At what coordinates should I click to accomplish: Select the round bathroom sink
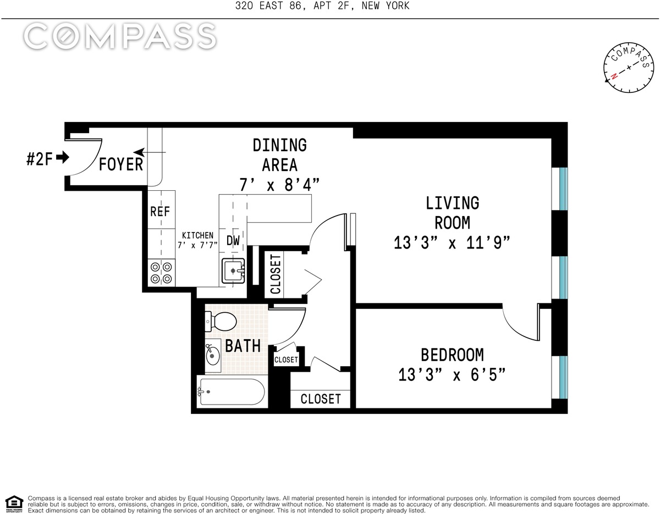213,355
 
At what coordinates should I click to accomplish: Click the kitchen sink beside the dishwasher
233,270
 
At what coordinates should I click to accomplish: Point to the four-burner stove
161,272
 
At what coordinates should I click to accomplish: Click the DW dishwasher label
233,240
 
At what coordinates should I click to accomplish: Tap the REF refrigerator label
160,211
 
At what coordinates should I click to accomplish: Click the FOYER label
121,164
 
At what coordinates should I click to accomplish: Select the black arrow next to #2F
63,157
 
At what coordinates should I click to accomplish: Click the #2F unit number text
40,159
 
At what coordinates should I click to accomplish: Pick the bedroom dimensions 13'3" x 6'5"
452,375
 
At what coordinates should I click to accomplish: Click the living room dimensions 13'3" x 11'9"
452,242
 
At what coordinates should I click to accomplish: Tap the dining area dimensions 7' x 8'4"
279,184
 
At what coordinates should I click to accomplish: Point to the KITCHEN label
197,235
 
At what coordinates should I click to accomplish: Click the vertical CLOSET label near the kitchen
276,274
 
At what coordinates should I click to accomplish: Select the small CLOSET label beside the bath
286,360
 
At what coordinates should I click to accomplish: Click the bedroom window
559,377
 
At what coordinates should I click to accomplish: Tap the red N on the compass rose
614,76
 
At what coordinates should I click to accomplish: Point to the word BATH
243,346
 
